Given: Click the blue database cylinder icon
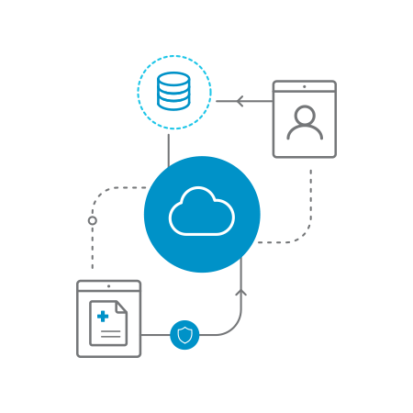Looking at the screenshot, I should [173, 92].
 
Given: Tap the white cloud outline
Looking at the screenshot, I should [202, 213].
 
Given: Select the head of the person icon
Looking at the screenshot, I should [305, 116].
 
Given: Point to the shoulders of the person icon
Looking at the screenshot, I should [305, 133].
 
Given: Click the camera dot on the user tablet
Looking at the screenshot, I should [305, 86].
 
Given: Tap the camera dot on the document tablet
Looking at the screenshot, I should [109, 285].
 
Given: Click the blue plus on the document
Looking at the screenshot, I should [103, 316].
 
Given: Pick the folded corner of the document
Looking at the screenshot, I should [121, 307].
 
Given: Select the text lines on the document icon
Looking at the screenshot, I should [111, 332].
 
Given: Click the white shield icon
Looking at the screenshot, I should [184, 335].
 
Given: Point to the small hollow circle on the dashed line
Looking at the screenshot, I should [92, 220].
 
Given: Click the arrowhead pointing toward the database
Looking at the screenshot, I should [240, 101].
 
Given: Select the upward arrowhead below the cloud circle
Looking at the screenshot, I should [241, 293].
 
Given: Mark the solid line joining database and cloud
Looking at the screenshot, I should [169, 147].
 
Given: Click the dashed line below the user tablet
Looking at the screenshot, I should [310, 197].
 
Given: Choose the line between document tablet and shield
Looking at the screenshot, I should [155, 335].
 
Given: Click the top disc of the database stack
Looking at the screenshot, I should [173, 79].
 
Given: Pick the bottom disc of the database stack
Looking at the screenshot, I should [173, 104].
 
